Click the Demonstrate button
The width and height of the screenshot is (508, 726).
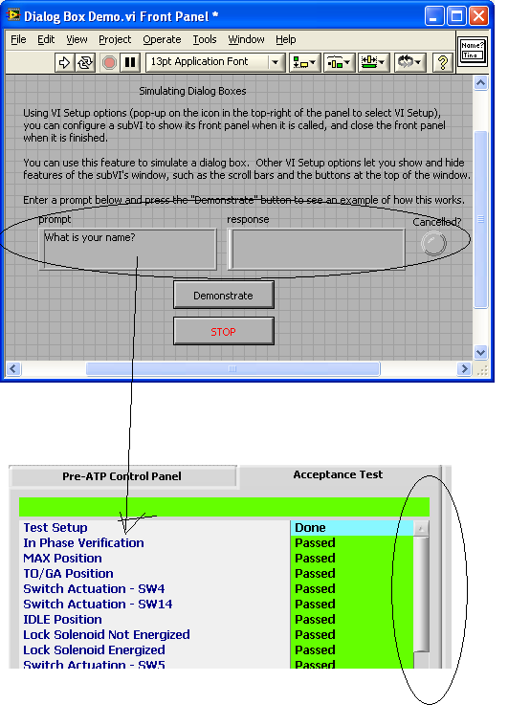tap(224, 295)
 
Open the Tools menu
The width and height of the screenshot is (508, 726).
tap(205, 40)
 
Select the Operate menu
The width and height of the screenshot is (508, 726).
tap(162, 40)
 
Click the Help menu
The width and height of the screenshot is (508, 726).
tap(286, 40)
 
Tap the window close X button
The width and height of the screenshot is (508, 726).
tap(479, 16)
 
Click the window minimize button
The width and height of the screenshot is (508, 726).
tap(434, 16)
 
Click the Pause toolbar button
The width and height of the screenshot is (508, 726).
tap(130, 62)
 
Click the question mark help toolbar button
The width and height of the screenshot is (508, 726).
tap(442, 62)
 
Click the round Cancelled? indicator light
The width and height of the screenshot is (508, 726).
tap(433, 243)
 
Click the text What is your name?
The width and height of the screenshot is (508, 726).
tap(90, 237)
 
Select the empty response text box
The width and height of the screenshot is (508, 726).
tap(317, 249)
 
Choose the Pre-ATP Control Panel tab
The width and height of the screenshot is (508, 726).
tap(122, 476)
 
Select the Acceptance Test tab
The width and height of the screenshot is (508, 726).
tap(338, 474)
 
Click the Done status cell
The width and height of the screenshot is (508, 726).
tap(351, 528)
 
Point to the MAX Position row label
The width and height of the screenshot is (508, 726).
tap(62, 559)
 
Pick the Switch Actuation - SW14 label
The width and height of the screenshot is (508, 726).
tap(98, 605)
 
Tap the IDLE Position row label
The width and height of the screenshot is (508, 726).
tap(62, 620)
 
